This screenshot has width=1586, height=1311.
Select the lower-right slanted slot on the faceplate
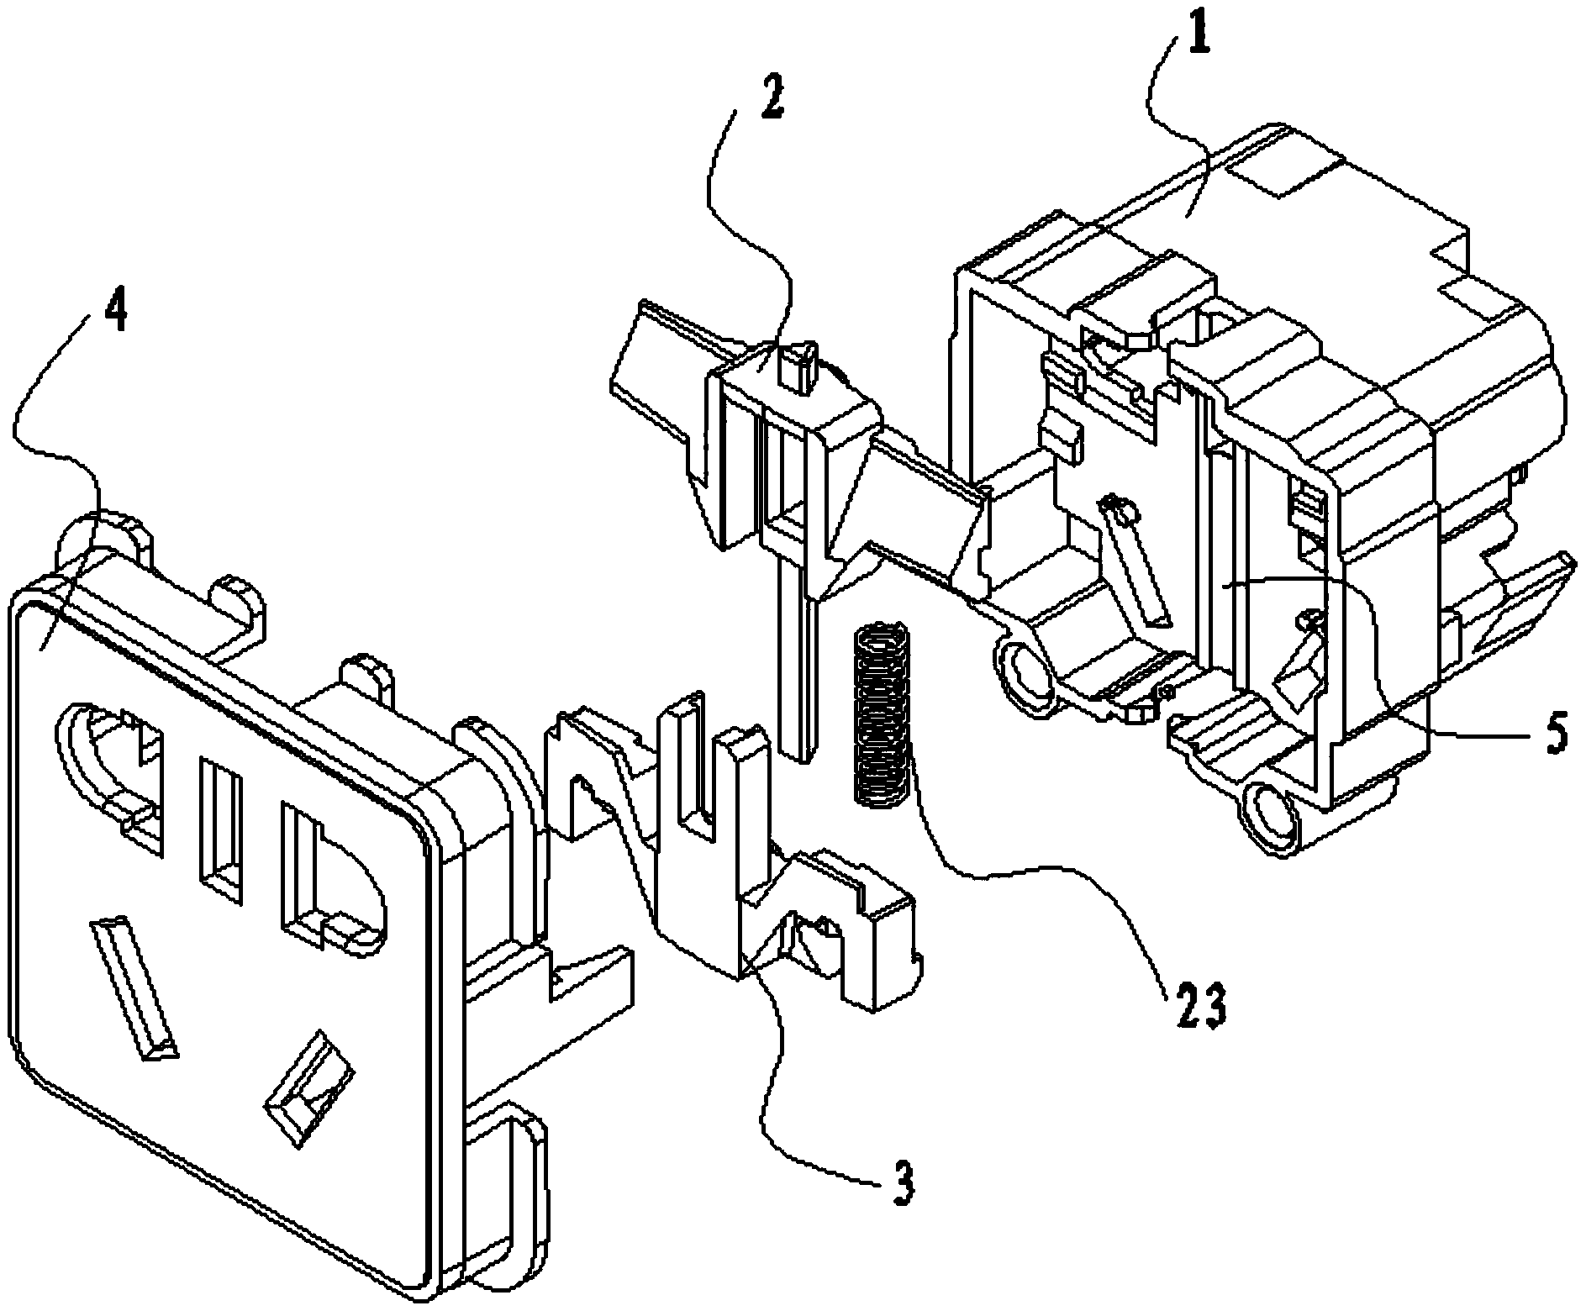tap(308, 1085)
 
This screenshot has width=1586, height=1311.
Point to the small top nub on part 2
tap(799, 364)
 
